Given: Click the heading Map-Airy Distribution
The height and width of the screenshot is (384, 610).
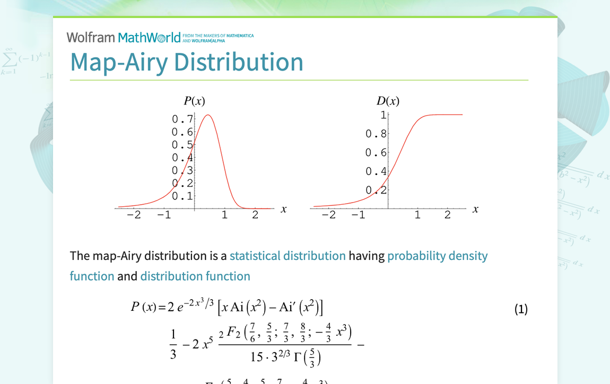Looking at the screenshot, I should pyautogui.click(x=187, y=62).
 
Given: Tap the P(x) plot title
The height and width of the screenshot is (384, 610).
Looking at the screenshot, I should pyautogui.click(x=194, y=101).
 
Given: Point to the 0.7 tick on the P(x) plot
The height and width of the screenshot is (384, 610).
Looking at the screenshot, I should pyautogui.click(x=182, y=119).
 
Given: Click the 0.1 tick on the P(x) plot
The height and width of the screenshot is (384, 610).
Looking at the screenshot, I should pyautogui.click(x=182, y=196).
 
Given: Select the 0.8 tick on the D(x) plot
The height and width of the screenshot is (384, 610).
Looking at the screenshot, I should pyautogui.click(x=376, y=134).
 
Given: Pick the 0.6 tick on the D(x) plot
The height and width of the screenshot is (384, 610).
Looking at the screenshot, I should pyautogui.click(x=376, y=153).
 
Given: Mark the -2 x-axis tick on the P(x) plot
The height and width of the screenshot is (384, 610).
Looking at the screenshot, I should pyautogui.click(x=134, y=215).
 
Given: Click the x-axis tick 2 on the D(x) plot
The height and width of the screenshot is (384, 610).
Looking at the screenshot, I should pyautogui.click(x=447, y=215).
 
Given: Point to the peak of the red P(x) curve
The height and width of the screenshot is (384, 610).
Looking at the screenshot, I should pyautogui.click(x=208, y=115).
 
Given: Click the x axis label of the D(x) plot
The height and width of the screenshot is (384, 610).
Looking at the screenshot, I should pyautogui.click(x=475, y=210).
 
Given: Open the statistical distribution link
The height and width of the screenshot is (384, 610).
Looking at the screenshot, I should pyautogui.click(x=287, y=256).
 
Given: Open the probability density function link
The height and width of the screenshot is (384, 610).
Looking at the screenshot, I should pyautogui.click(x=437, y=256).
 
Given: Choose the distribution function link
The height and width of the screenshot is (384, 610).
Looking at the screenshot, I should pyautogui.click(x=195, y=276).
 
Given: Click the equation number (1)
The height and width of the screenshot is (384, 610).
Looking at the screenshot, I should pyautogui.click(x=521, y=309).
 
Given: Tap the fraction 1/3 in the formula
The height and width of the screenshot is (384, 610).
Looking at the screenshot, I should pyautogui.click(x=173, y=344).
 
